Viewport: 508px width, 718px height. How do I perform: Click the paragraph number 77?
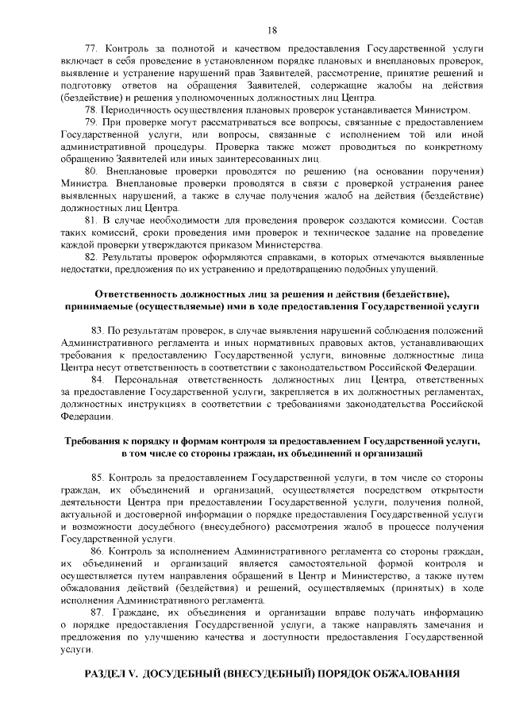89,49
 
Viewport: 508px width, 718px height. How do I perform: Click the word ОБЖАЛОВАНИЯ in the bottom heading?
413,674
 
